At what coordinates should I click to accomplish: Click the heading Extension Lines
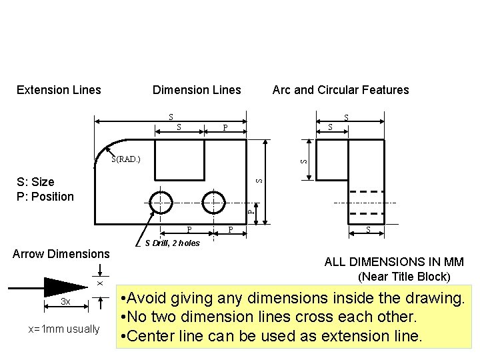tap(59, 89)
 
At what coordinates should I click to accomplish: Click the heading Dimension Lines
tap(197, 89)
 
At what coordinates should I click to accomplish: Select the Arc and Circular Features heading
tap(340, 89)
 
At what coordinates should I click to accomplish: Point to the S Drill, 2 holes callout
tap(172, 243)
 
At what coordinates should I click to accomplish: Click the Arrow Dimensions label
tap(61, 254)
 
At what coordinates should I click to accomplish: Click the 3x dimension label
tap(65, 302)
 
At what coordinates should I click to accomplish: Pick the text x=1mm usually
tap(64, 329)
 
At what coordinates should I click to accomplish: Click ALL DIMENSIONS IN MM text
tap(394, 263)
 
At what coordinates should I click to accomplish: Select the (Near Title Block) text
tap(404, 277)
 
